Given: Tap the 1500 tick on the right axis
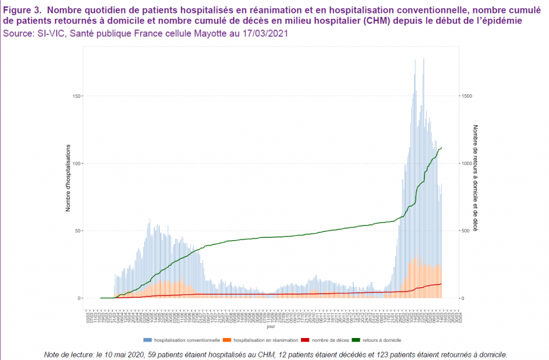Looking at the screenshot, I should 467,96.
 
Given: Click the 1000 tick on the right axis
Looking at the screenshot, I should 467,163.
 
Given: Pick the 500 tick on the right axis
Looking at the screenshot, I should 466,231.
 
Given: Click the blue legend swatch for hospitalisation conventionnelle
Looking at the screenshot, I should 147,340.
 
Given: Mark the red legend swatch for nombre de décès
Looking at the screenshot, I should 305,340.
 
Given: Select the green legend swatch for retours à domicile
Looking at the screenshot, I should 359,340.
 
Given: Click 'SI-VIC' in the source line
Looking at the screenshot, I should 51,33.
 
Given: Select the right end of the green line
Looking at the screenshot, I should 441,147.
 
